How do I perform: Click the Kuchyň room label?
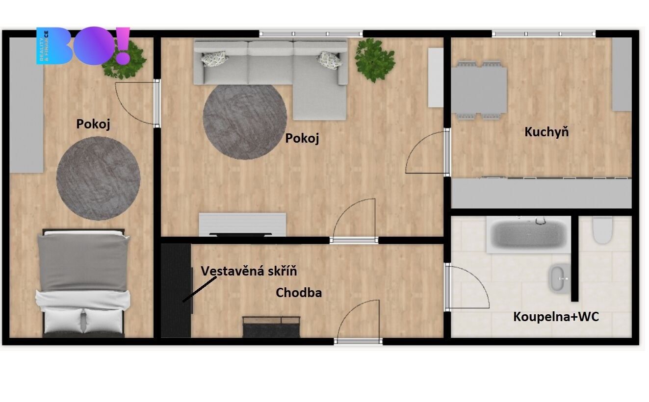[x=546, y=132]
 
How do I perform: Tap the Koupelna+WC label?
[x=556, y=317]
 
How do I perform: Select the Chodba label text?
[x=299, y=293]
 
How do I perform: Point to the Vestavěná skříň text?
[x=249, y=271]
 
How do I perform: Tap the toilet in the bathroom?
[x=602, y=230]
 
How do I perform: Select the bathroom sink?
[x=560, y=278]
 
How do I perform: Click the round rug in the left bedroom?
[x=98, y=178]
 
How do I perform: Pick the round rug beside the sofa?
[x=245, y=122]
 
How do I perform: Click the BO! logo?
[x=83, y=46]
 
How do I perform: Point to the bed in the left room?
[x=83, y=283]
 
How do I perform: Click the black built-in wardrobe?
[x=176, y=290]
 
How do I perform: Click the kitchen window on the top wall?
[x=543, y=34]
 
